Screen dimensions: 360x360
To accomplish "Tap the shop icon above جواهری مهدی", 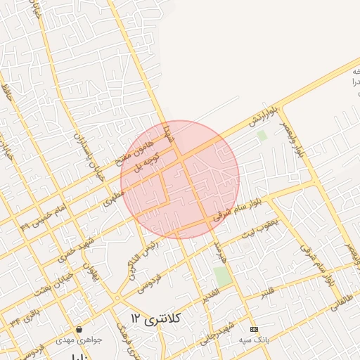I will pyautogui.click(x=79, y=329).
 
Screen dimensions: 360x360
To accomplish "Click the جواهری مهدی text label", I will pyautogui.click(x=84, y=339).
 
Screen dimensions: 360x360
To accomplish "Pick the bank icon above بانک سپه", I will pyautogui.click(x=254, y=329).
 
